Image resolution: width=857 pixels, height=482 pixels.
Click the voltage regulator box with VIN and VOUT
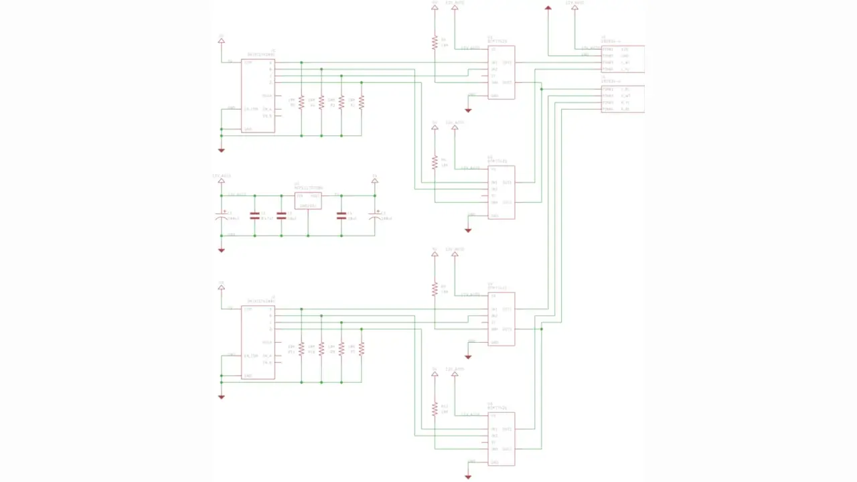click(308, 200)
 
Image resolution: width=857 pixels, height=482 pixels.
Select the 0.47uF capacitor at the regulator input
click(254, 216)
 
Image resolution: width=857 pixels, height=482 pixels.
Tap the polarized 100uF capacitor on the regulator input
click(222, 216)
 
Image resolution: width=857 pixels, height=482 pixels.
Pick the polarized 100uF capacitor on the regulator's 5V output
click(375, 216)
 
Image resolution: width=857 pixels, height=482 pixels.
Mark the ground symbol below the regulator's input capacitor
click(222, 250)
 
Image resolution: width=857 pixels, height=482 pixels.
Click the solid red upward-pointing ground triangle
click(548, 9)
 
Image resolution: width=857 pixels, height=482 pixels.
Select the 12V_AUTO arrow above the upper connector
click(574, 9)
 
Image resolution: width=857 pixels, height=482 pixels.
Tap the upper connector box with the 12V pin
click(623, 59)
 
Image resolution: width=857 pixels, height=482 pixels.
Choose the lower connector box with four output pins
click(623, 99)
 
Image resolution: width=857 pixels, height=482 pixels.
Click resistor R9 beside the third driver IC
click(435, 289)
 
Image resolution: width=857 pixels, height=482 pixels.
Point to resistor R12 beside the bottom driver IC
click(435, 408)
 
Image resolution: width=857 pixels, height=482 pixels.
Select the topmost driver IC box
click(501, 72)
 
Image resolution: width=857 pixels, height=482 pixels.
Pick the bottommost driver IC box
click(501, 439)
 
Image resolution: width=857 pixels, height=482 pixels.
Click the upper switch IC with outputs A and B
click(258, 95)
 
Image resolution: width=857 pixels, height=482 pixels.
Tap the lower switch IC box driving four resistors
click(258, 342)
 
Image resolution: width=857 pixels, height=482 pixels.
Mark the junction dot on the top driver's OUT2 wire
click(542, 89)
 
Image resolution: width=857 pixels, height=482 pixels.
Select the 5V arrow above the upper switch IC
click(222, 41)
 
